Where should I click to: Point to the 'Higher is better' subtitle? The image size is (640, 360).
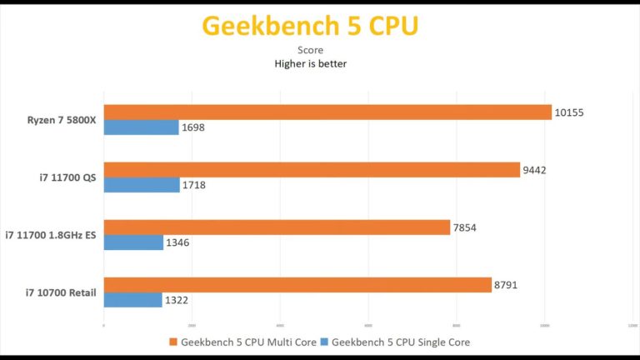[x=310, y=63]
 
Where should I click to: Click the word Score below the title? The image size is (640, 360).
[x=310, y=50]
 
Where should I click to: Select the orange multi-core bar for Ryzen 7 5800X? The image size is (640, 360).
[x=327, y=112]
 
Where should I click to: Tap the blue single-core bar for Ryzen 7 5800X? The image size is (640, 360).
[x=141, y=127]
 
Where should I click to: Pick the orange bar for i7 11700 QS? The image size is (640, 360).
[x=312, y=170]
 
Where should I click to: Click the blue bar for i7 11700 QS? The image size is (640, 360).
[x=142, y=185]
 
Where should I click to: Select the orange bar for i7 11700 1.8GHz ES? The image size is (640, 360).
[x=277, y=227]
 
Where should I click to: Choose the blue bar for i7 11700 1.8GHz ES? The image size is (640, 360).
[x=133, y=242]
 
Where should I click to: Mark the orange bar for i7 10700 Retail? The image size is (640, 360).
[x=297, y=285]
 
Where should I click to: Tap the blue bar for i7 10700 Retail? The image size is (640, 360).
[x=132, y=300]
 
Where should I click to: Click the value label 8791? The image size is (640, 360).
[x=507, y=285]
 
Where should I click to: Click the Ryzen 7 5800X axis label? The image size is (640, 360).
[x=61, y=120]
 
